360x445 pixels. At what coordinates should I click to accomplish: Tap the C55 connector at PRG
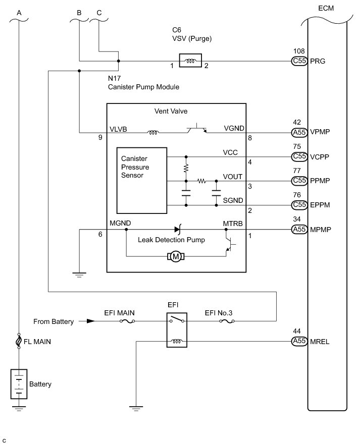[x=299, y=62]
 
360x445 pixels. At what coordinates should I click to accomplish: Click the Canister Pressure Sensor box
[x=142, y=180]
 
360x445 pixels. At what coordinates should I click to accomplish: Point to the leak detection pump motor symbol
[x=176, y=257]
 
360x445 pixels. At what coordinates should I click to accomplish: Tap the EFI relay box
[x=176, y=331]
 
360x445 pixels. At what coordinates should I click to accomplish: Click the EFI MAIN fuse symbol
[x=125, y=321]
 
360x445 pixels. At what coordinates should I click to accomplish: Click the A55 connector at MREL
[x=299, y=342]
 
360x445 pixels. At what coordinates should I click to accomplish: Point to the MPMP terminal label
[x=320, y=230]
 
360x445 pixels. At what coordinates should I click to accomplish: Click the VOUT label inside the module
[x=232, y=176]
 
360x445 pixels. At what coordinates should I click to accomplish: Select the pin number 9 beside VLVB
[x=101, y=137]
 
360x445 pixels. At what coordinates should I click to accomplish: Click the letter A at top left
[x=19, y=12]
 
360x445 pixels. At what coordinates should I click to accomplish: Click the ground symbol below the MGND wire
[x=79, y=275]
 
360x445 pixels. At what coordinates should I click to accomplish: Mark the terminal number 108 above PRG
[x=299, y=51]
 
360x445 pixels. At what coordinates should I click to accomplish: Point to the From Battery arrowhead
[x=89, y=321]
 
